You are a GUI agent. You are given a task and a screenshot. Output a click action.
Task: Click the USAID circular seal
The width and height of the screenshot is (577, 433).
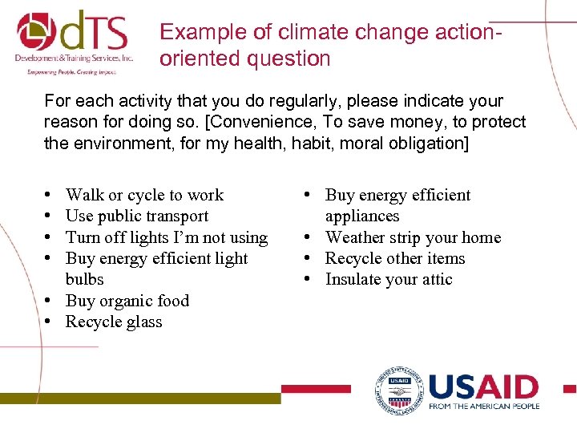point(399,391)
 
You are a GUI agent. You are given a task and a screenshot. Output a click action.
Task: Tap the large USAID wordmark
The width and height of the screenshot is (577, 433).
point(483,386)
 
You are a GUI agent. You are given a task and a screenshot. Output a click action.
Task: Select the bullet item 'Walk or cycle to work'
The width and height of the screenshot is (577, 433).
point(144,195)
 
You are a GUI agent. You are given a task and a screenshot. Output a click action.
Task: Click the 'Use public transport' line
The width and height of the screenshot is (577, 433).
point(136,216)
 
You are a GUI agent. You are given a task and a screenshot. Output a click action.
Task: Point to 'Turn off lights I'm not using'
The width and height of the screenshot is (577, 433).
point(166,237)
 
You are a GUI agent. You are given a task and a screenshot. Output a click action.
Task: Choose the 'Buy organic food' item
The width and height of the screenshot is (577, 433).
point(127,301)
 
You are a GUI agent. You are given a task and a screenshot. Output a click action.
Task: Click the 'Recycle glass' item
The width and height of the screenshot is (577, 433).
point(113,322)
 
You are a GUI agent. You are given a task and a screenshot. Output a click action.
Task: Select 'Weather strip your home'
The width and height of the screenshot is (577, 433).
point(412,237)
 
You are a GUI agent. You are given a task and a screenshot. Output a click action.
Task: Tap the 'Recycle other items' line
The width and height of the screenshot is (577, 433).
point(394,258)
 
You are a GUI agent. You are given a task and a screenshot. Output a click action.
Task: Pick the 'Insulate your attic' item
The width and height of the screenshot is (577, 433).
point(388,279)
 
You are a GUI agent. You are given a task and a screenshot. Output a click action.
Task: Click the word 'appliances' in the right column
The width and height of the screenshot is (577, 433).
point(361,216)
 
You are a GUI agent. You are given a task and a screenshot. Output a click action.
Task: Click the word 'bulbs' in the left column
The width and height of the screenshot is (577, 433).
point(84,279)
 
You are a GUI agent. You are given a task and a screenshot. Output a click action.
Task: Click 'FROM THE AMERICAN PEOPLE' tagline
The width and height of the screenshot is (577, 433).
point(483,407)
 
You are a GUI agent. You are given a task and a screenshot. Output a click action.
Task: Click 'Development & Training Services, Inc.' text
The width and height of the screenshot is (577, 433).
point(73,59)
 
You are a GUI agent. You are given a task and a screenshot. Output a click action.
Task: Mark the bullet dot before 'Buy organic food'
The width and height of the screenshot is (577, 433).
point(50,301)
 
